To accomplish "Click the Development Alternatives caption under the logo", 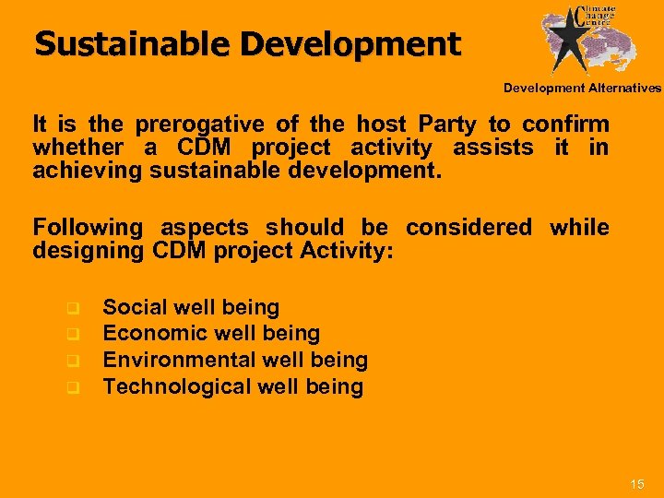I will pos(582,89).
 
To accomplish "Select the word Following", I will pos(88,227).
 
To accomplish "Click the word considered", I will pos(468,227).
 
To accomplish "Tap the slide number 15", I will pos(636,484).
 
